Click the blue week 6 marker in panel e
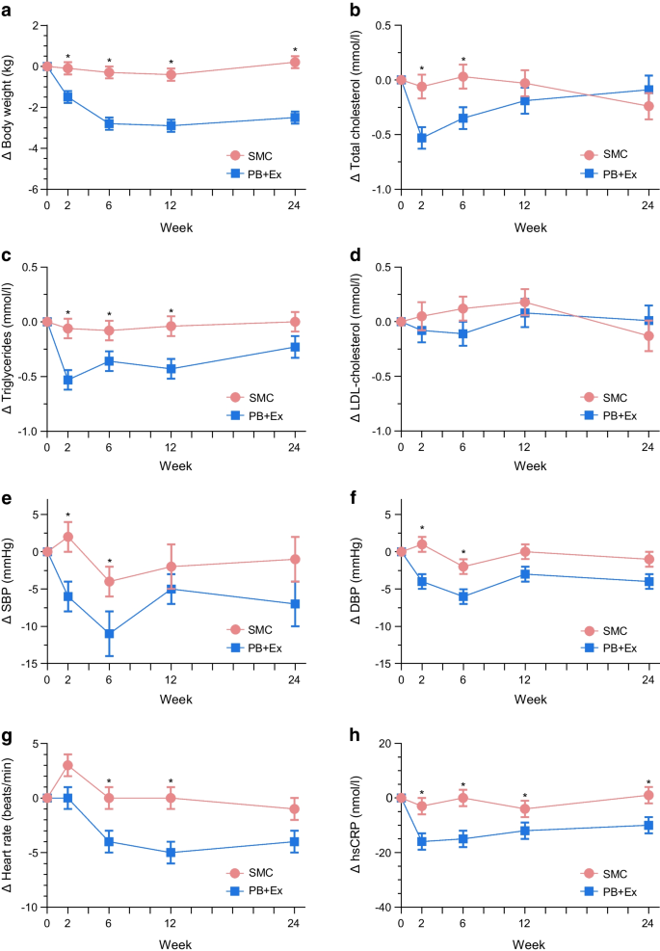(x=110, y=633)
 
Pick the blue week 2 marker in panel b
(x=421, y=138)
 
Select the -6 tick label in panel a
(x=33, y=190)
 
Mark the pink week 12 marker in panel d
(x=525, y=302)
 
